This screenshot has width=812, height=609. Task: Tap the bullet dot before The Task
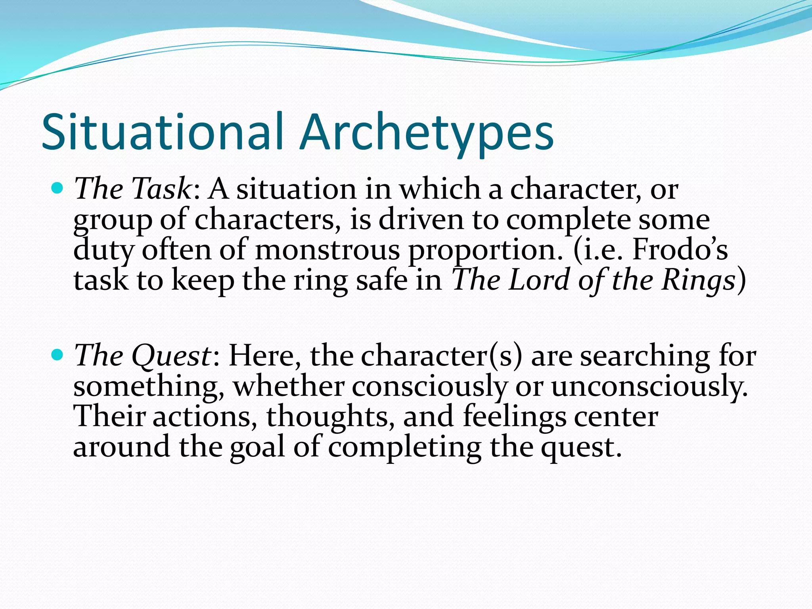coord(57,188)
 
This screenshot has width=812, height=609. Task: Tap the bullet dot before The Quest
coord(57,354)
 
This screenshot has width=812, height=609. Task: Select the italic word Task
coord(161,189)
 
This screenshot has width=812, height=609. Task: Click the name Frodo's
coord(680,250)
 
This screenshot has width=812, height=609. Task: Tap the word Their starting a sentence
coord(110,416)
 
